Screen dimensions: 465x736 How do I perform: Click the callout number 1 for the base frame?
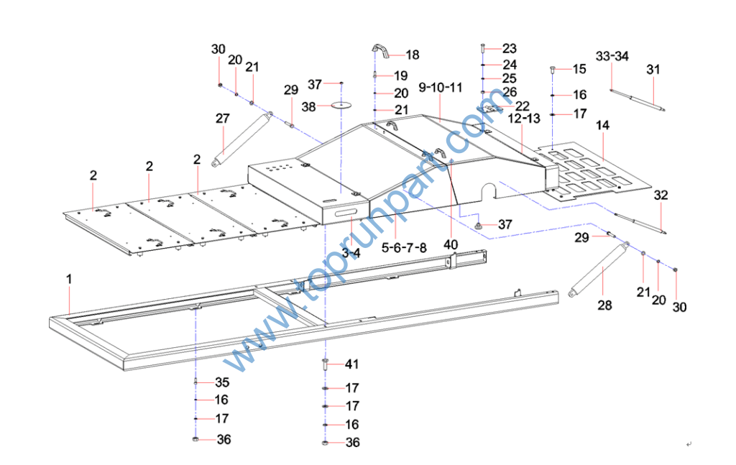tap(69, 277)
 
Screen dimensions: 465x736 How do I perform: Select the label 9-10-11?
tap(440, 88)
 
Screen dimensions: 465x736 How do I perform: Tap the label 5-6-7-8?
tap(404, 247)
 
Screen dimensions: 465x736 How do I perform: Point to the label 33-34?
tap(612, 56)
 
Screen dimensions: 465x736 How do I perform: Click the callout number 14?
tap(602, 125)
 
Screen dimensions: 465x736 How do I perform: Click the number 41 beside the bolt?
tap(351, 364)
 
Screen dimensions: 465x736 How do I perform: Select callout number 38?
tap(308, 106)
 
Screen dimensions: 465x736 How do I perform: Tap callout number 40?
tap(451, 244)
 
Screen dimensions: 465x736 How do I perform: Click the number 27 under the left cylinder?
tap(223, 118)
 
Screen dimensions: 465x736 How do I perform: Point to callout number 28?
tap(605, 305)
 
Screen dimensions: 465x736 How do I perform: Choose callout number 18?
tap(412, 55)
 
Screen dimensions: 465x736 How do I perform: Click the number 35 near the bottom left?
tap(222, 382)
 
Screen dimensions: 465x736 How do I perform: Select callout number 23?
tap(509, 49)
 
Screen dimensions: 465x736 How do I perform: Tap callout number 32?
tap(661, 195)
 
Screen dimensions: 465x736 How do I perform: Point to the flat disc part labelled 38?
tap(341, 105)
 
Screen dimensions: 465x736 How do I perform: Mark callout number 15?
tap(579, 69)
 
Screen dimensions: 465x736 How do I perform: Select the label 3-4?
tap(351, 253)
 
